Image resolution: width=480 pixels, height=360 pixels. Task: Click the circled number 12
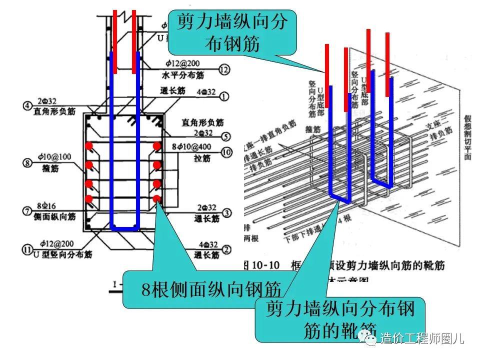click(x=224, y=70)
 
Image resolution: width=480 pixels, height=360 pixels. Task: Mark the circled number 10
click(x=226, y=152)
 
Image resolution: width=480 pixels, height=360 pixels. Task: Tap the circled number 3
click(x=226, y=213)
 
